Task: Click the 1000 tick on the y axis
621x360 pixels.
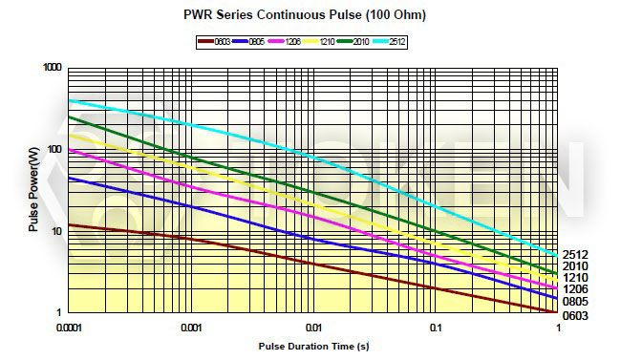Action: coord(52,68)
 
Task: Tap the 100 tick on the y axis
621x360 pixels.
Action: coord(54,150)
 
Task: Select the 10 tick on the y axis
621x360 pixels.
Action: coord(57,232)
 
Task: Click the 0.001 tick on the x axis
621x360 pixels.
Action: coord(193,327)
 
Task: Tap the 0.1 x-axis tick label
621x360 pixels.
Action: coord(436,327)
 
